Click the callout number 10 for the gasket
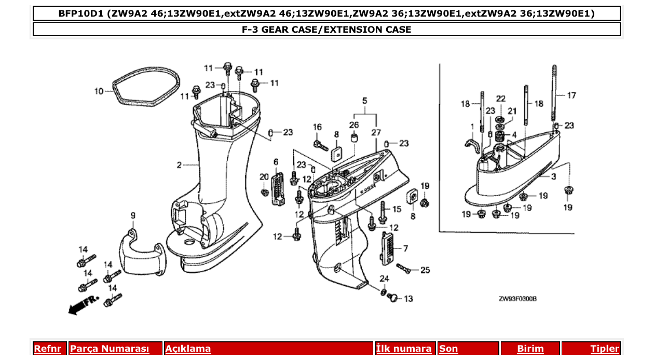pos(99,91)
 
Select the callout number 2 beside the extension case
pos(179,165)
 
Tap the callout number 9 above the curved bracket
pos(133,215)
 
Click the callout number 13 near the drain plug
pos(408,299)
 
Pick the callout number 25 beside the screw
pos(425,270)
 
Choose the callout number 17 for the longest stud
pos(571,95)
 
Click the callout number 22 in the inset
pos(500,99)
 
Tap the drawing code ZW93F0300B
pos(517,299)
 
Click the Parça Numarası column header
pos(110,349)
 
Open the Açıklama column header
pos(188,349)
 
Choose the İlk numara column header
pos(404,349)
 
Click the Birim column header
pos(530,349)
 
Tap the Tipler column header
pos(605,349)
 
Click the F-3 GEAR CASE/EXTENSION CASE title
pos(326,30)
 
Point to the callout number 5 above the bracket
pos(364,100)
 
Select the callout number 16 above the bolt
pos(317,127)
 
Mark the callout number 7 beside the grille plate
pos(405,248)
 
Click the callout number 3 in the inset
pos(553,177)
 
